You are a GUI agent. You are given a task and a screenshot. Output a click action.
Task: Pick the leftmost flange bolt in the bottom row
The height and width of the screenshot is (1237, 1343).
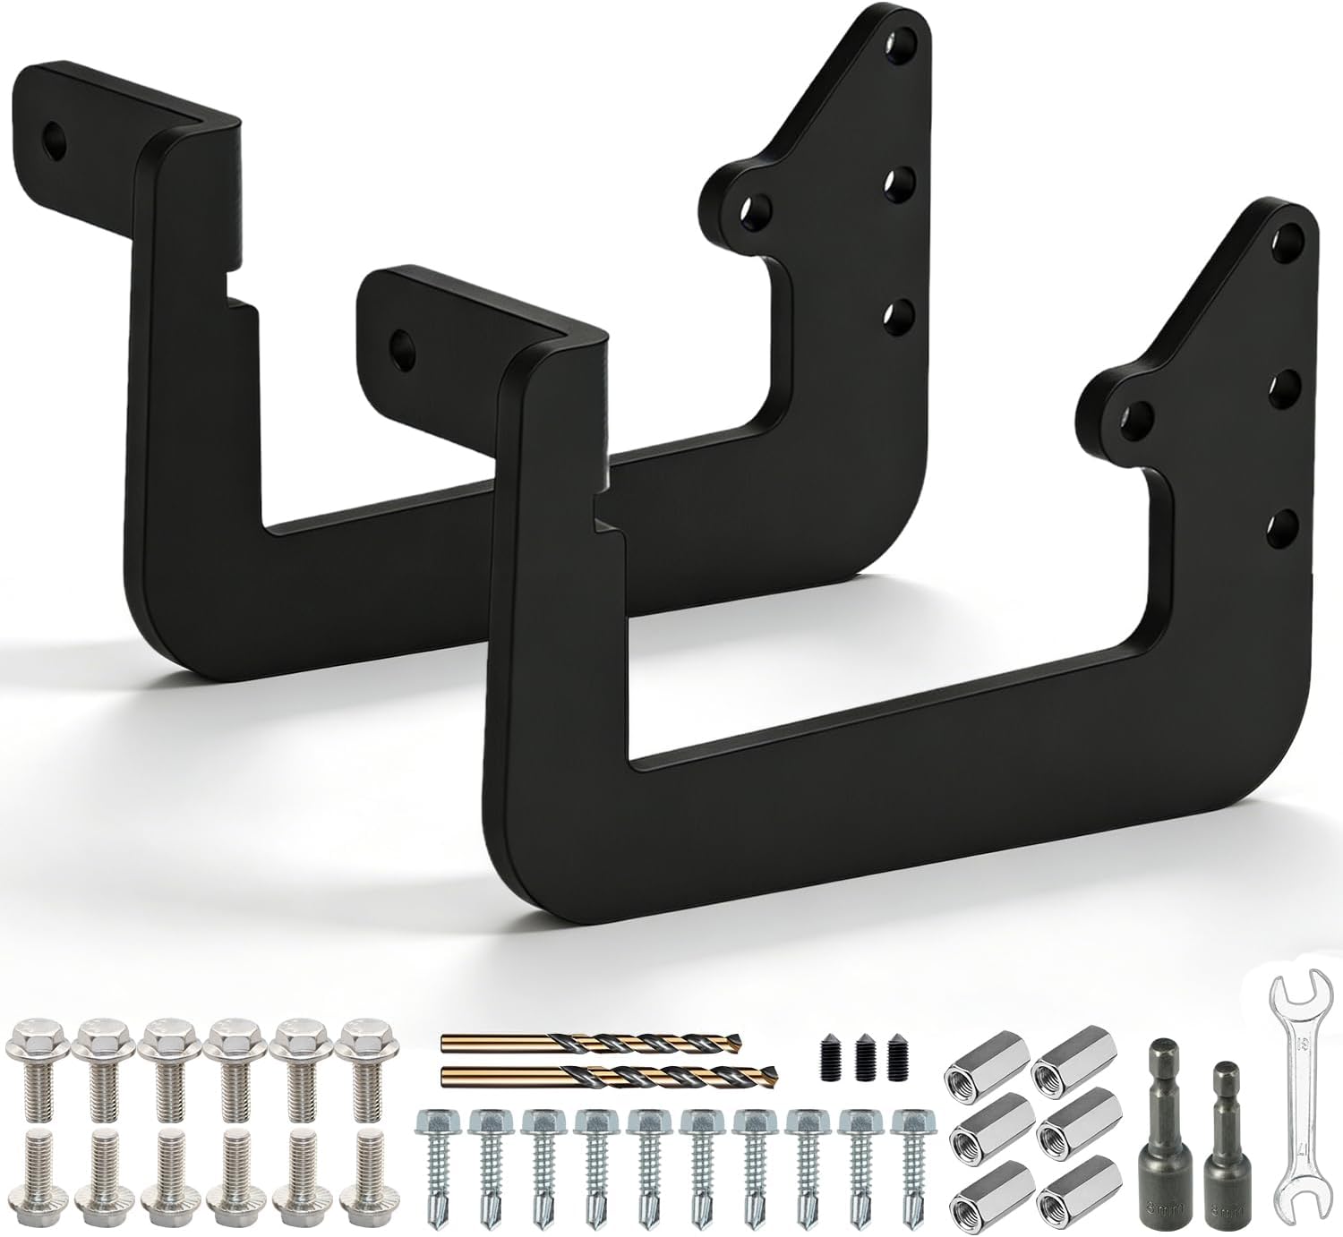point(36,1160)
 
